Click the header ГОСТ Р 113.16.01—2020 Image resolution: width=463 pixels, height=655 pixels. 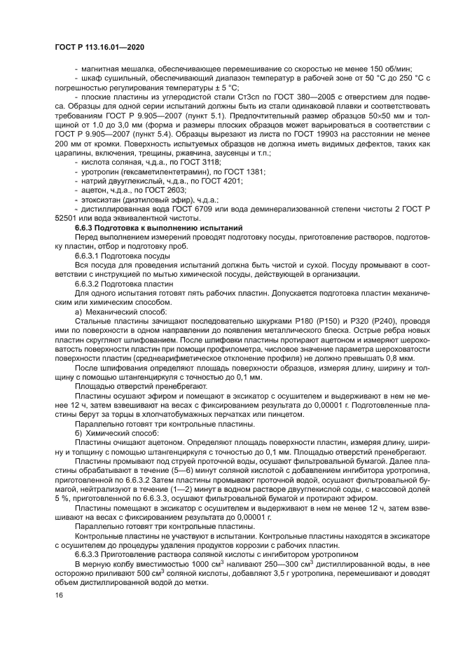93,47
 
